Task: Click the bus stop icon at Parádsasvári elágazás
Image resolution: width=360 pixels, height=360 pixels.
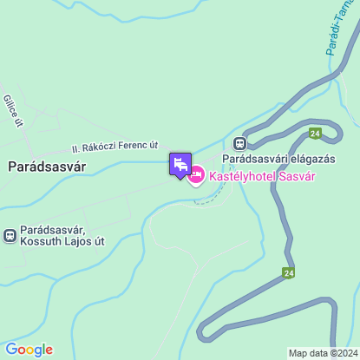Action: pyautogui.click(x=239, y=143)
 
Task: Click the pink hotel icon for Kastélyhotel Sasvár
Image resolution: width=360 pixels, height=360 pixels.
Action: pyautogui.click(x=196, y=176)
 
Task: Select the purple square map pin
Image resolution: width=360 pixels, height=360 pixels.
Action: pyautogui.click(x=180, y=164)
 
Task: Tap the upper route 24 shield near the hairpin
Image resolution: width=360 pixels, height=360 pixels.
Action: pyautogui.click(x=314, y=133)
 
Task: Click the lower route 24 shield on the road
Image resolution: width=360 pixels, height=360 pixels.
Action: pyautogui.click(x=287, y=272)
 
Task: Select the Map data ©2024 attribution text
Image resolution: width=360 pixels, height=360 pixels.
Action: pyautogui.click(x=323, y=353)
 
